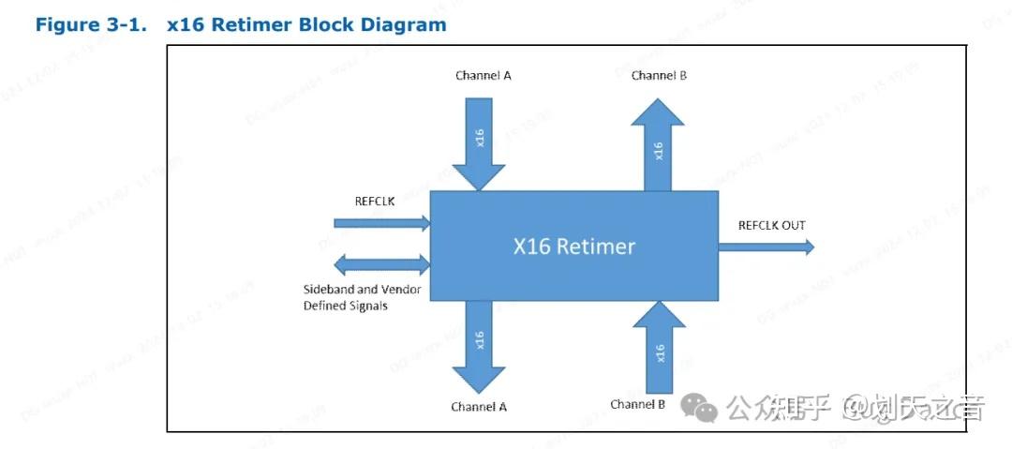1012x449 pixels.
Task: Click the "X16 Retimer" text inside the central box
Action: (x=573, y=247)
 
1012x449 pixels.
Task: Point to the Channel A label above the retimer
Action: (x=483, y=76)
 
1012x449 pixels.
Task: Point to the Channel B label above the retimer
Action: (x=659, y=76)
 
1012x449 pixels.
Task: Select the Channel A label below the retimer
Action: (x=478, y=407)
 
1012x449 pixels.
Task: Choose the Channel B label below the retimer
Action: (x=637, y=404)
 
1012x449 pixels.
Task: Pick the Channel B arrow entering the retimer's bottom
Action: (x=660, y=347)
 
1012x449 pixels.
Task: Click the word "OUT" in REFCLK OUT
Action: (x=792, y=225)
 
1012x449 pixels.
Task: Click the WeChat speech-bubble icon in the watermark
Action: (x=699, y=406)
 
